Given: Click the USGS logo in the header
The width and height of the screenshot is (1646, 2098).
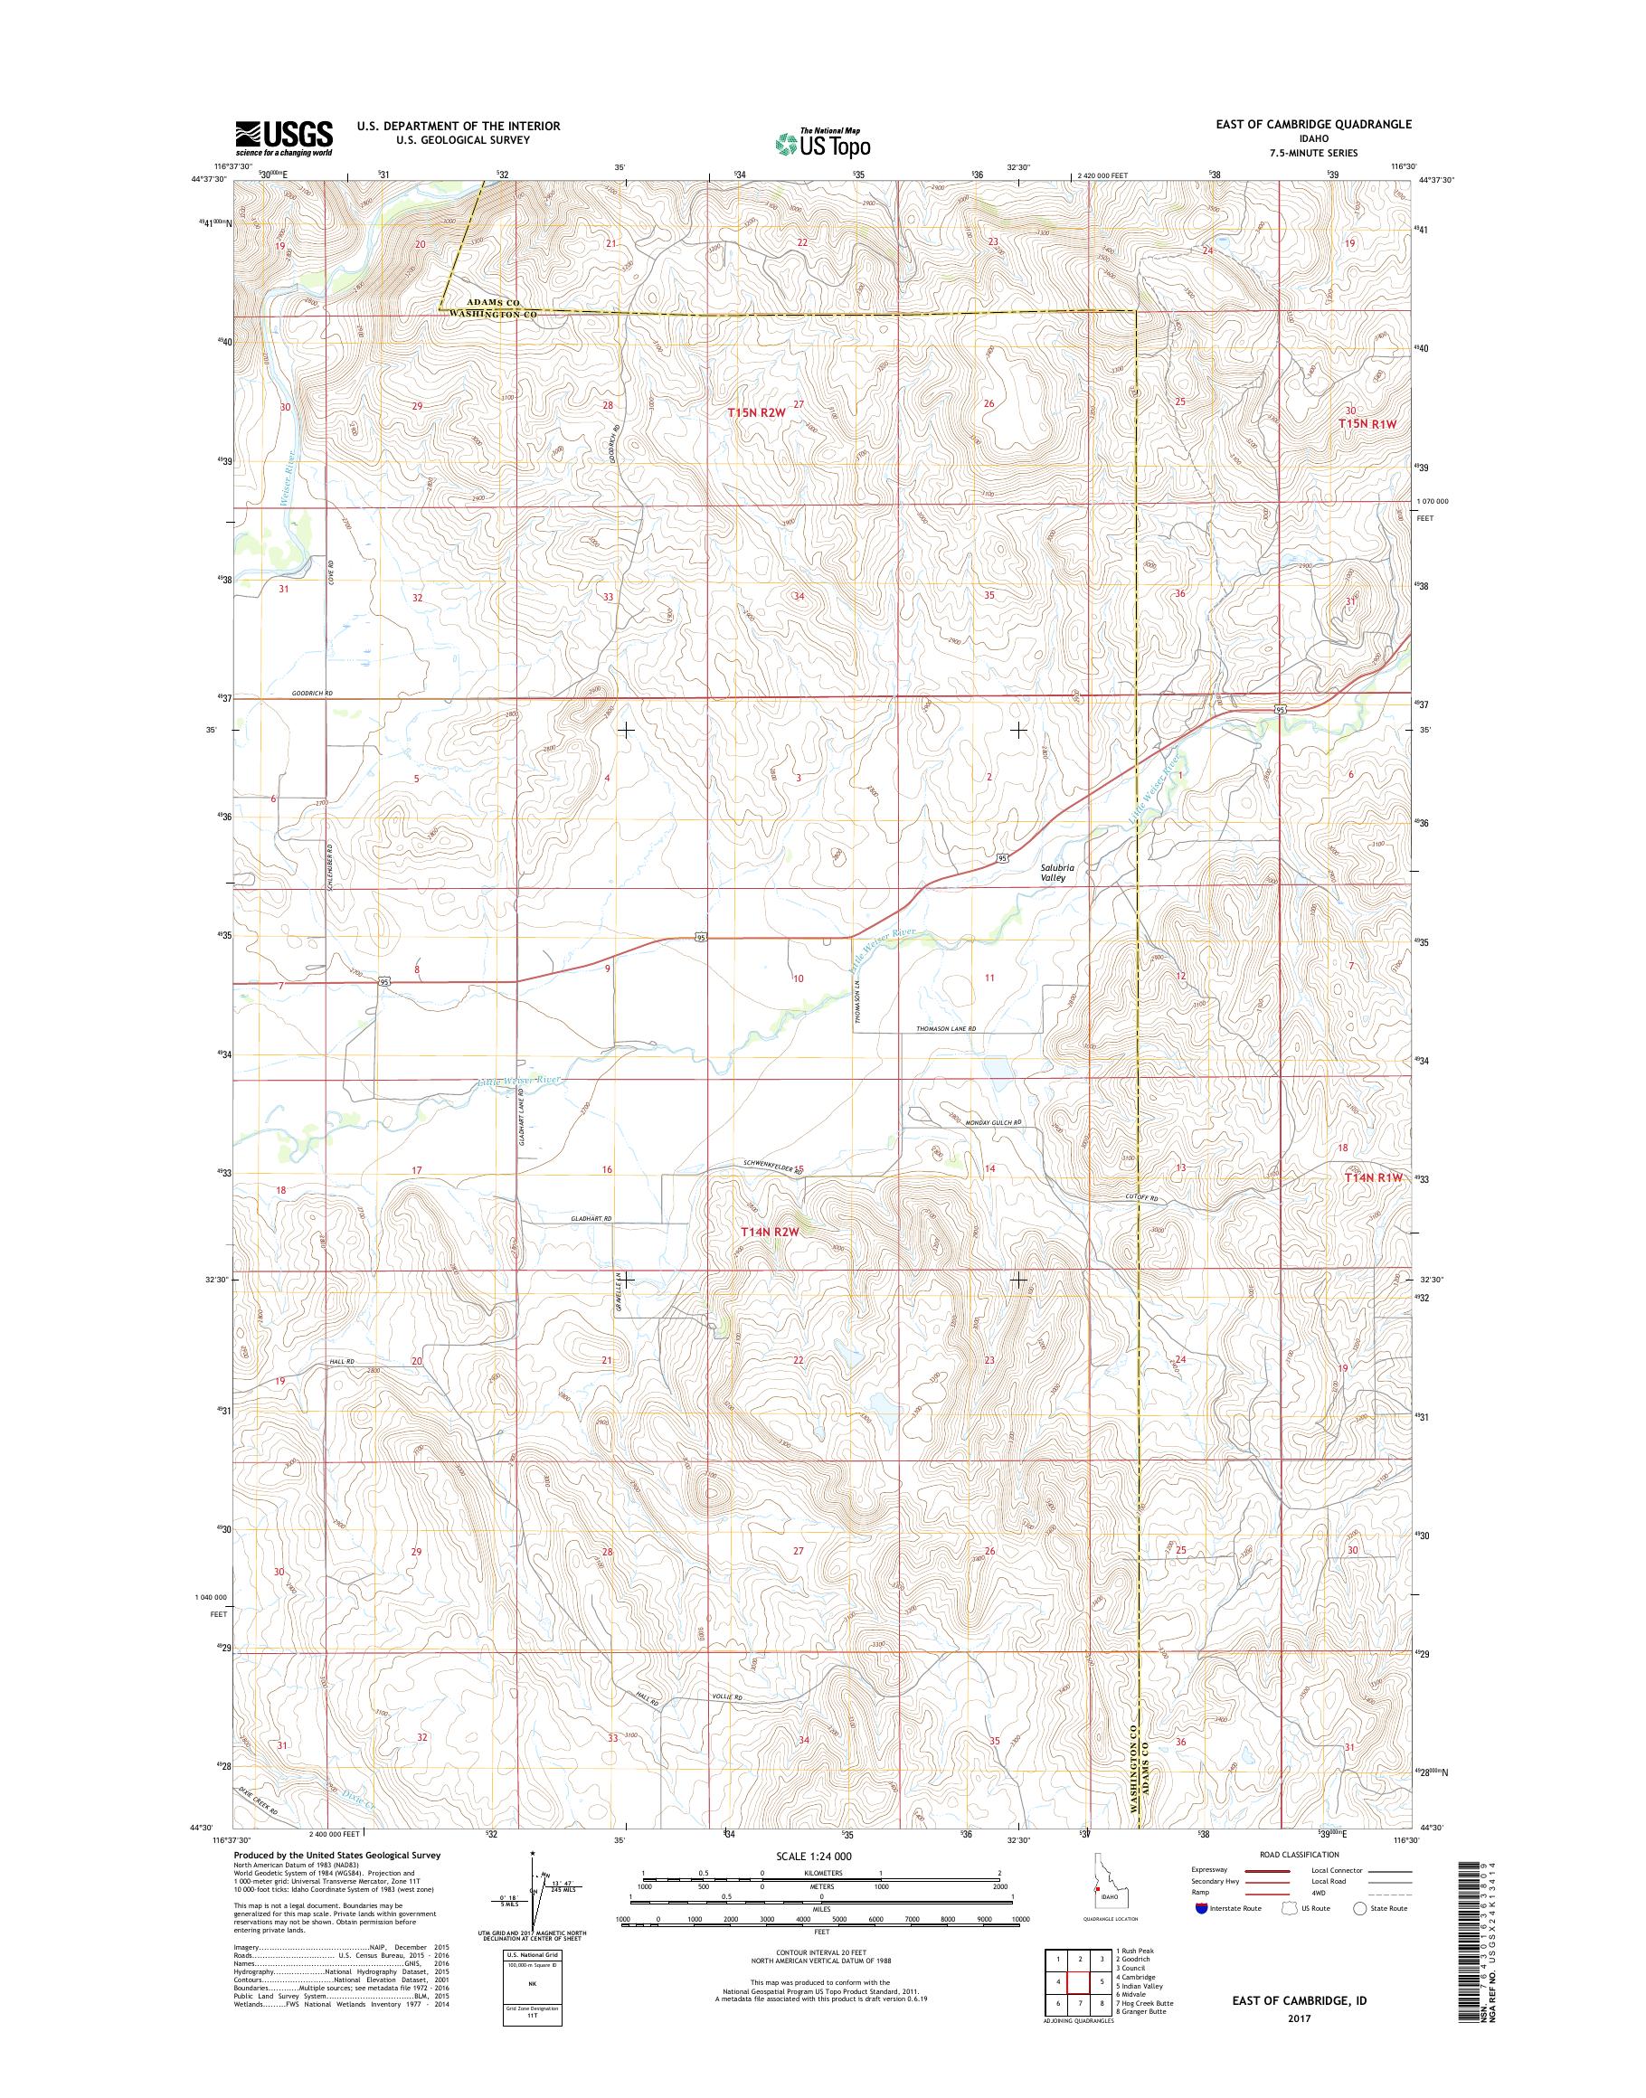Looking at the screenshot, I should (284, 137).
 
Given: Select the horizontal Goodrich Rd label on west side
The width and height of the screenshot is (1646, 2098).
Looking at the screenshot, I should (312, 693).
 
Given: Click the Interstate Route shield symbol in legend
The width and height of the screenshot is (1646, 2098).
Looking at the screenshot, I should (1201, 1935).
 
